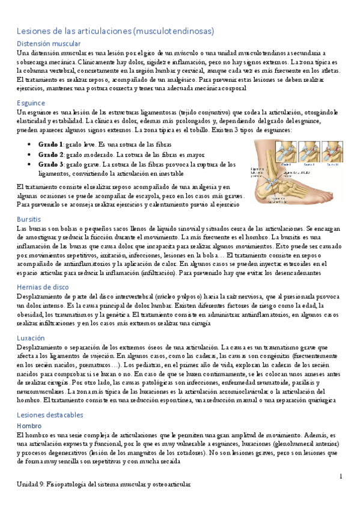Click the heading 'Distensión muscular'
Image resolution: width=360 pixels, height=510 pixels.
click(x=49, y=44)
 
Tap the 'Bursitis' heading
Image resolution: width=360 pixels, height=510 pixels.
click(x=29, y=220)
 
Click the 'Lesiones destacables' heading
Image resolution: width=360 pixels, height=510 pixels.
click(x=50, y=414)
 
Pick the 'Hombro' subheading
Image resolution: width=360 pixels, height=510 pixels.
click(x=29, y=425)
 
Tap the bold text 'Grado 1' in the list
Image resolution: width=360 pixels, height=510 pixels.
click(x=51, y=145)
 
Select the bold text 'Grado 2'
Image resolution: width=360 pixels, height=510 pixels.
click(x=51, y=155)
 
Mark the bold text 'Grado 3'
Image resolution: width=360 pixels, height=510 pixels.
click(x=51, y=164)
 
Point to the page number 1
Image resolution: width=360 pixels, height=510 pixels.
click(x=340, y=476)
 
